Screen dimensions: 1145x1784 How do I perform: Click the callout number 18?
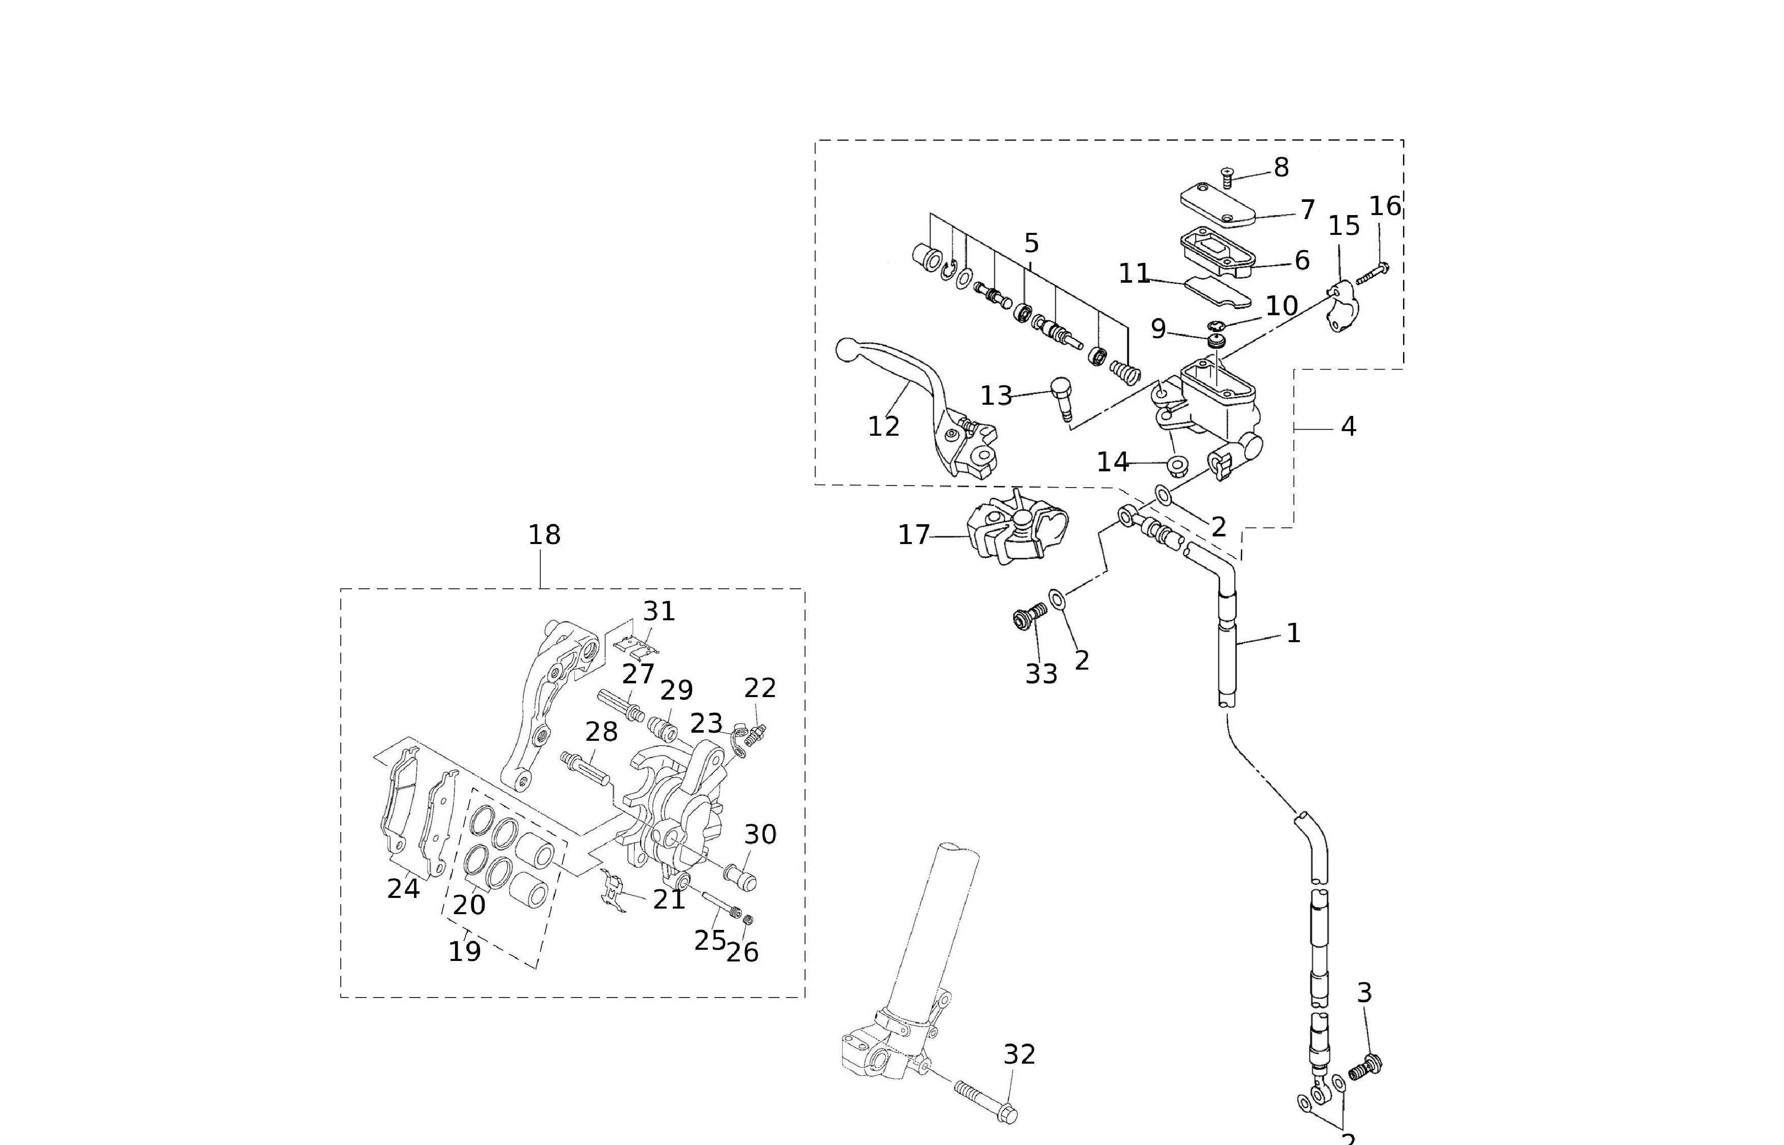544,534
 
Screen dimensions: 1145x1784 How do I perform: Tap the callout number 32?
1019,1054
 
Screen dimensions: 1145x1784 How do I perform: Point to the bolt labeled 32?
982,1100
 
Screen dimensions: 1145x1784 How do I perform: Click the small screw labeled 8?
1227,177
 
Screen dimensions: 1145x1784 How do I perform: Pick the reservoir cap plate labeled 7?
1217,204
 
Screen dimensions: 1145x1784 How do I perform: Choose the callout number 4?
1348,427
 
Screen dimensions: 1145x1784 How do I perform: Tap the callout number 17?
914,534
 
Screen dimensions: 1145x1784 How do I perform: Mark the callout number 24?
403,888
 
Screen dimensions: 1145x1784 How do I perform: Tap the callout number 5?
1031,243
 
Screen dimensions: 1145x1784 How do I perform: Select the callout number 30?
760,834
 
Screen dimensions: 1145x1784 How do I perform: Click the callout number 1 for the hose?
1293,634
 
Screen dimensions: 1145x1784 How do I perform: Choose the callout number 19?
465,951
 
